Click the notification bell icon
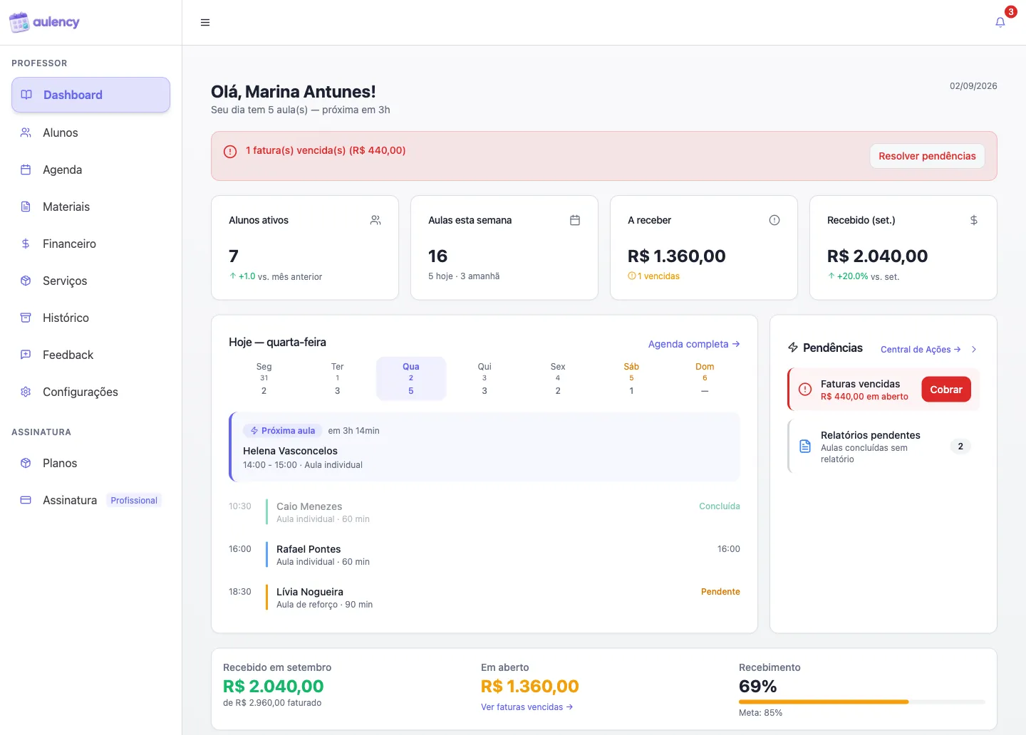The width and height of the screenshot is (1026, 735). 1000,22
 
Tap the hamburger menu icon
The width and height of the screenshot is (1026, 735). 204,23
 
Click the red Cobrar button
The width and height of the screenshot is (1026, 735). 946,390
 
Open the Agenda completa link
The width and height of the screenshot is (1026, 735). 693,344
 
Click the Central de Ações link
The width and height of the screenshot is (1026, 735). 921,350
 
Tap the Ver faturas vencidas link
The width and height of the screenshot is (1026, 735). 527,707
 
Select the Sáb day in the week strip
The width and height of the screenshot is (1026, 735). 631,378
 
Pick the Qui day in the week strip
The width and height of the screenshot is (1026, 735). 484,378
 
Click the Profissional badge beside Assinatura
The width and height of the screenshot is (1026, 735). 134,500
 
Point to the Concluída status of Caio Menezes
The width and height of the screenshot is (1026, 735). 719,506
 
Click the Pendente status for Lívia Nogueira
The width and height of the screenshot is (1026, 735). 720,591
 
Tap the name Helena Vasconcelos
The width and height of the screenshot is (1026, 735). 290,451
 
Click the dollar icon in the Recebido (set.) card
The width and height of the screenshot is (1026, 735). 973,220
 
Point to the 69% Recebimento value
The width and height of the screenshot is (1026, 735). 757,686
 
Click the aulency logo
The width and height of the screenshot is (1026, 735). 44,22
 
